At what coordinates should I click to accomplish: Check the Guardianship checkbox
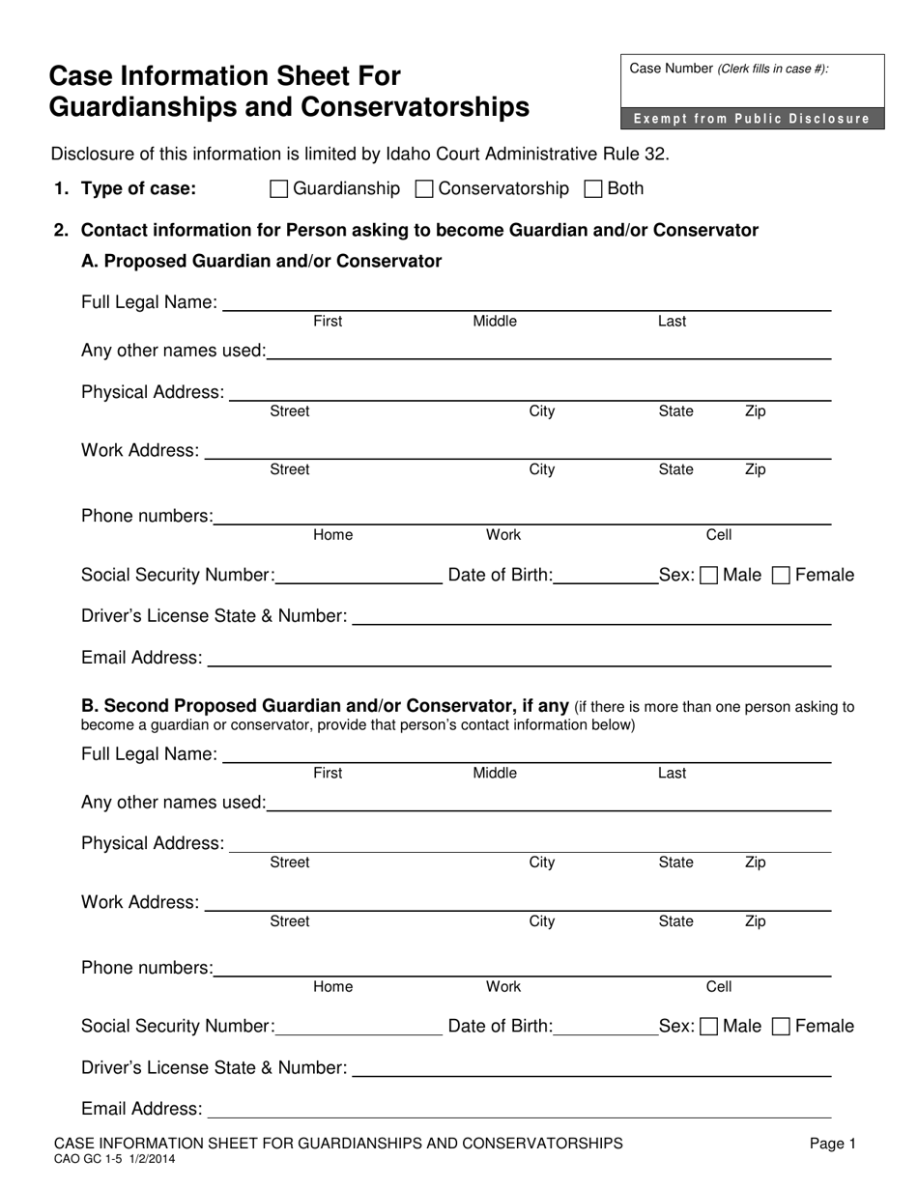click(x=278, y=189)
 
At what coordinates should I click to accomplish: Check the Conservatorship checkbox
click(x=423, y=189)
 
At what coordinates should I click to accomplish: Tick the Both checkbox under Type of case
click(x=594, y=189)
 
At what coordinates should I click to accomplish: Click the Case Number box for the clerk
click(x=752, y=82)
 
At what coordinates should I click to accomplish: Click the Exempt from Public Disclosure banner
click(x=752, y=119)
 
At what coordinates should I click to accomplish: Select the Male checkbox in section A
click(x=708, y=576)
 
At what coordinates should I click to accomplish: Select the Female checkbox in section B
click(x=782, y=1027)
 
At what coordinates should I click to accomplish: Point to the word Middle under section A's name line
click(x=494, y=322)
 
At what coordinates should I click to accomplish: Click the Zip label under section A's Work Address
click(x=755, y=469)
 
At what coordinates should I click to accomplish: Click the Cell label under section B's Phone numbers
click(x=719, y=986)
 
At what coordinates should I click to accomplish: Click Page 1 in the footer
click(x=832, y=1144)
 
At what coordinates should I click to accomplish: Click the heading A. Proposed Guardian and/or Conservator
click(x=261, y=261)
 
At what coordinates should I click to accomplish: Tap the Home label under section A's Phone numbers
click(x=332, y=534)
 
